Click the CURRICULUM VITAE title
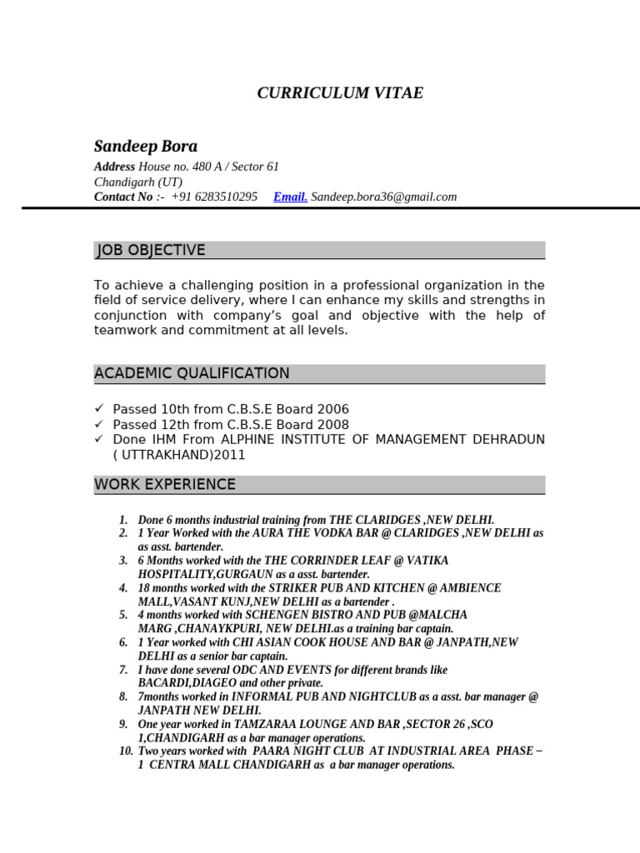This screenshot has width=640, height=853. [x=340, y=93]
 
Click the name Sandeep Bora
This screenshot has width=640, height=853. [x=146, y=147]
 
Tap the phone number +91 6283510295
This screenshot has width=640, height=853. [x=214, y=197]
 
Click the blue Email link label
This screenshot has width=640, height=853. [x=290, y=197]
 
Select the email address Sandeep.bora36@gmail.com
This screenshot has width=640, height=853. [x=383, y=197]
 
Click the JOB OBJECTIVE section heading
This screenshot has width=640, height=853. [x=151, y=251]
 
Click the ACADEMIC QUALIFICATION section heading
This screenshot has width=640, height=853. [x=192, y=374]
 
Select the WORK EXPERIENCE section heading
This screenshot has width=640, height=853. [x=165, y=485]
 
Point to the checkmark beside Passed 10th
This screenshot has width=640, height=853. [x=99, y=409]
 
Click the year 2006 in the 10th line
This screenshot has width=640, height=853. [x=332, y=410]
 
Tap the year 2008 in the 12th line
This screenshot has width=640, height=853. [x=332, y=425]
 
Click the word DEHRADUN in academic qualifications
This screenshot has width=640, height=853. [x=508, y=440]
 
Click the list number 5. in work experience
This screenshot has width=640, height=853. [x=123, y=616]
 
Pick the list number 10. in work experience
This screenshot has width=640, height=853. [x=126, y=751]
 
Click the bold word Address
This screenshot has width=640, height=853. [x=114, y=167]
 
